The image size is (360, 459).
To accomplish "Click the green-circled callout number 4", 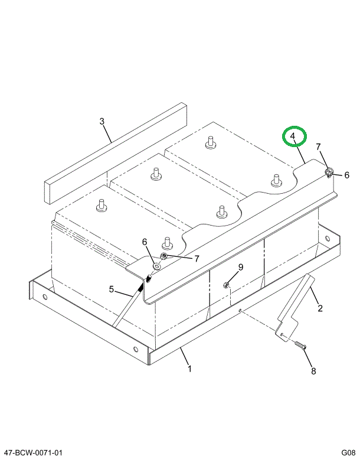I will pyautogui.click(x=293, y=137).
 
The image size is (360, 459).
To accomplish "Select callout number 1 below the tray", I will pyautogui.click(x=189, y=369).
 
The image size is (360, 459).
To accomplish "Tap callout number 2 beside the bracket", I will pyautogui.click(x=320, y=308).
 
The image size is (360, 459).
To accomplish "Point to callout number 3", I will pyautogui.click(x=102, y=122).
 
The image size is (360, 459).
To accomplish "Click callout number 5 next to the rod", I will pyautogui.click(x=110, y=289).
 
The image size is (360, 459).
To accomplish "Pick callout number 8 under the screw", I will pyautogui.click(x=313, y=371).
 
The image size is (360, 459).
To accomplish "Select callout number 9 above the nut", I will pyautogui.click(x=241, y=268).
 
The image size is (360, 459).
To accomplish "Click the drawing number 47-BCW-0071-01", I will pyautogui.click(x=32, y=453).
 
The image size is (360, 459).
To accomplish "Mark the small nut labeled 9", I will pyautogui.click(x=227, y=286).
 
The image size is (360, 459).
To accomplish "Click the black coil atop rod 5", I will pyautogui.click(x=142, y=287).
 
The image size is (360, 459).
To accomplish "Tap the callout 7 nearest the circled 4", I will pyautogui.click(x=318, y=147).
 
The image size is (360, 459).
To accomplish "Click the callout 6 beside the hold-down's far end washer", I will pyautogui.click(x=346, y=175).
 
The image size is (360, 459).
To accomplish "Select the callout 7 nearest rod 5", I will pyautogui.click(x=197, y=258).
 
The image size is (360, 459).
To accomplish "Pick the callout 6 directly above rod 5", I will pyautogui.click(x=143, y=242).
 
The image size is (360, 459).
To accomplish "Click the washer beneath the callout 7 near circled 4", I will pyautogui.click(x=329, y=172).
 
